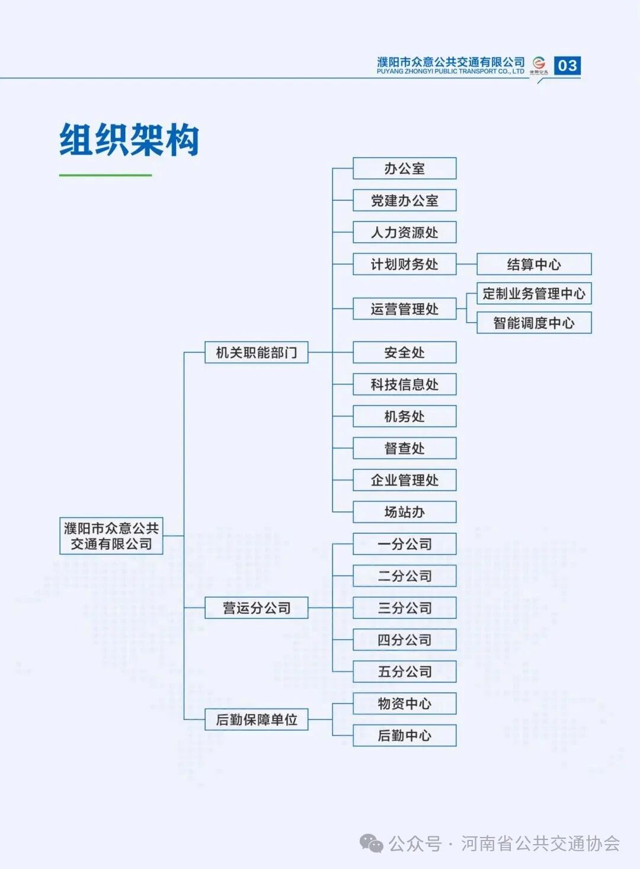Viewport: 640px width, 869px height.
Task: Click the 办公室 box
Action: click(x=404, y=168)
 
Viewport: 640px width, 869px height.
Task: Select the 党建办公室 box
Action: click(x=404, y=200)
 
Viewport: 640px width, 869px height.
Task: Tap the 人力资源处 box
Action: click(x=404, y=233)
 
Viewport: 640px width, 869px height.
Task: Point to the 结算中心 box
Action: click(x=533, y=264)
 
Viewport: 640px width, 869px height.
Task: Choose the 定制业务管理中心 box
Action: click(x=533, y=294)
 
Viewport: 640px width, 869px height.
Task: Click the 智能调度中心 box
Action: click(x=533, y=323)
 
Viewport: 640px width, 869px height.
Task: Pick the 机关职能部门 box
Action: click(x=256, y=352)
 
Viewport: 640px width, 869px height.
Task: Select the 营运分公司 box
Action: click(x=256, y=608)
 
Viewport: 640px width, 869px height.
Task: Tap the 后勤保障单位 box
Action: click(x=256, y=720)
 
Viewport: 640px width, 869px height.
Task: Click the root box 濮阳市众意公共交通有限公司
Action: click(x=111, y=536)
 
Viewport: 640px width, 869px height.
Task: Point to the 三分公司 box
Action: click(x=404, y=608)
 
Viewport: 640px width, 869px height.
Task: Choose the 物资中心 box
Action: click(x=404, y=704)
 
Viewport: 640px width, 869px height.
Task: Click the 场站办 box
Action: click(x=404, y=512)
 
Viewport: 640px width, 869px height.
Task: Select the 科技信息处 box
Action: click(x=404, y=384)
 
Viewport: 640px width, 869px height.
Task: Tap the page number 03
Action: click(x=567, y=65)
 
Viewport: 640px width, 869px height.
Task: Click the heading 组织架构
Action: click(x=129, y=141)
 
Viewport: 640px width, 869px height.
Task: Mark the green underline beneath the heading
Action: click(x=105, y=175)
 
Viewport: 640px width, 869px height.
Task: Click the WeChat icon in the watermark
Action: click(x=372, y=843)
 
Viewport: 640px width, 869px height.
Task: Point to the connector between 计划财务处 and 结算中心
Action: click(x=466, y=264)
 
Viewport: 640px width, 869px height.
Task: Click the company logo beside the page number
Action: click(x=539, y=64)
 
